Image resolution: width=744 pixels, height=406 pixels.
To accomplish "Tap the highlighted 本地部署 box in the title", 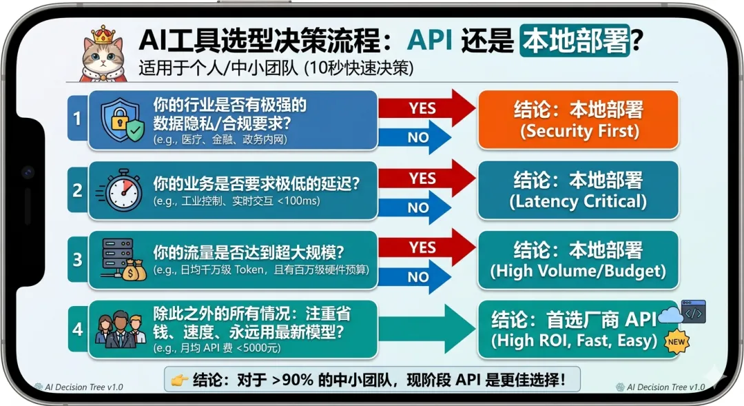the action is (x=575, y=41).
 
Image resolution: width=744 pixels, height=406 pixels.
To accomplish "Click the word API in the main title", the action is (x=430, y=41).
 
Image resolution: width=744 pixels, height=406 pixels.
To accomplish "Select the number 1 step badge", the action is (x=77, y=119).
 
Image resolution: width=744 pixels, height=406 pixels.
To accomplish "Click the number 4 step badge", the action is (x=77, y=328).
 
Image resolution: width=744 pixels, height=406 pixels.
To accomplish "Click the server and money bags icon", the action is (x=123, y=259).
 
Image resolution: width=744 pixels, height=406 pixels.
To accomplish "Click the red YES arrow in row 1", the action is (x=426, y=108).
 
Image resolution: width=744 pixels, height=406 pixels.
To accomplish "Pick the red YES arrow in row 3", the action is (x=426, y=247).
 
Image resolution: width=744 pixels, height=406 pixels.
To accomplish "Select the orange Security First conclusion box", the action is (x=578, y=120).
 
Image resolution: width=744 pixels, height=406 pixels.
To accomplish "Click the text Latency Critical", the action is (x=578, y=201).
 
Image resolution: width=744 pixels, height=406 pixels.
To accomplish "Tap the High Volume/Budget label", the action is (x=578, y=271).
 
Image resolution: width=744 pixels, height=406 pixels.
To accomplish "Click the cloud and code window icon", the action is (x=683, y=313).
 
